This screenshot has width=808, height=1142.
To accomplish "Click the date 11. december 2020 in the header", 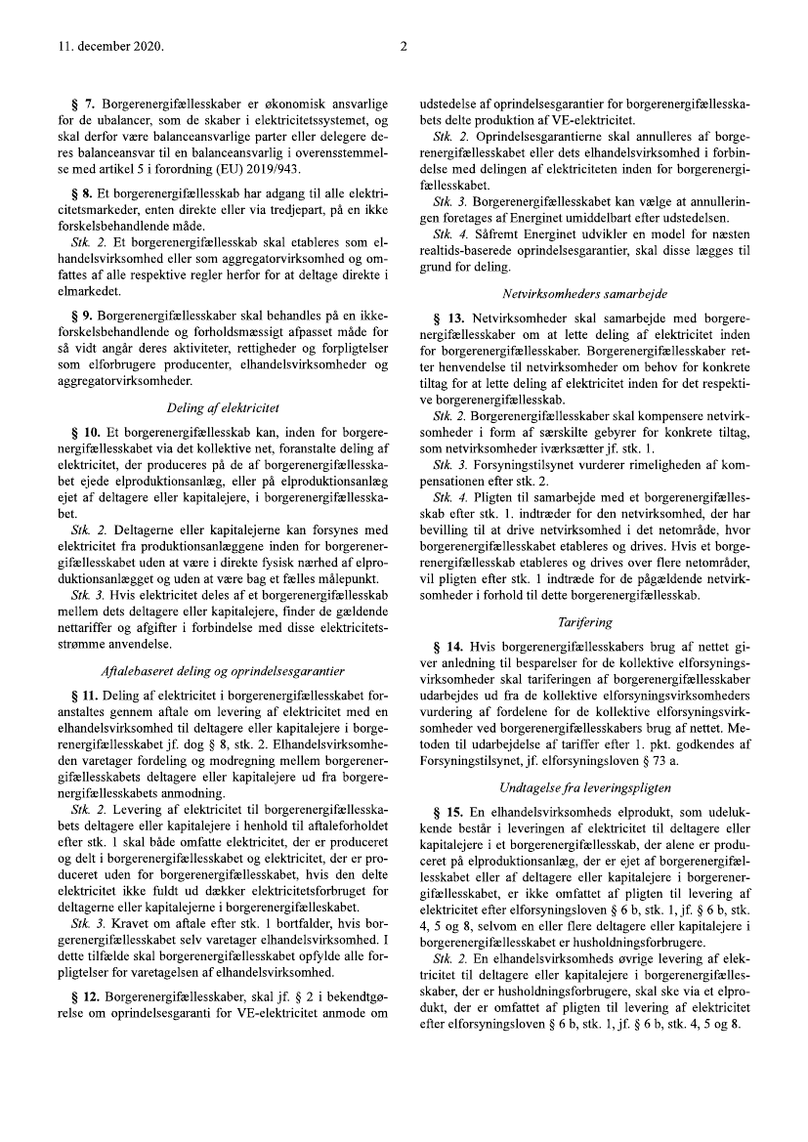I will click(96, 46).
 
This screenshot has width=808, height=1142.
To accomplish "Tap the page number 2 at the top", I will click(404, 46).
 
